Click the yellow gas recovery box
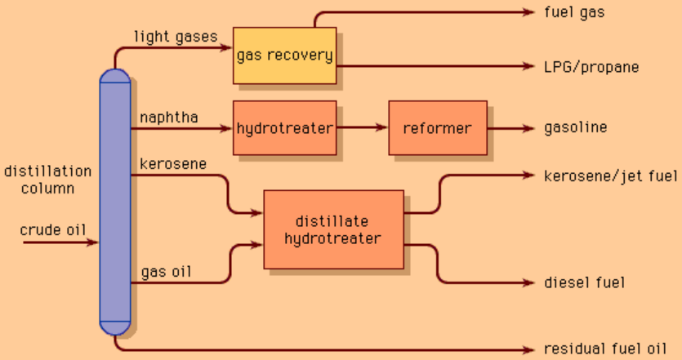pyautogui.click(x=284, y=56)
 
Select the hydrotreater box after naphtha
pyautogui.click(x=284, y=128)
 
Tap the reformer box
pyautogui.click(x=437, y=128)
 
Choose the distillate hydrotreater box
pyautogui.click(x=332, y=229)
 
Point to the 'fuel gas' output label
pyautogui.click(x=574, y=13)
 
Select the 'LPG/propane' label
pyautogui.click(x=591, y=67)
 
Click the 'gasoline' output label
pyautogui.click(x=576, y=128)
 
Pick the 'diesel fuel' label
pyautogui.click(x=584, y=283)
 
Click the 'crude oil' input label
pyautogui.click(x=53, y=229)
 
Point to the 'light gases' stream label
pyautogui.click(x=176, y=36)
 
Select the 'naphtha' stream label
pyautogui.click(x=168, y=117)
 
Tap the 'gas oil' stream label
pyautogui.click(x=166, y=271)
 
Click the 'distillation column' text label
pyautogui.click(x=47, y=180)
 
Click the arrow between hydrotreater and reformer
pyautogui.click(x=362, y=128)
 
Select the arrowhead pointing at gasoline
pyautogui.click(x=526, y=128)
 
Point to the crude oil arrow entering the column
pyautogui.click(x=61, y=242)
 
